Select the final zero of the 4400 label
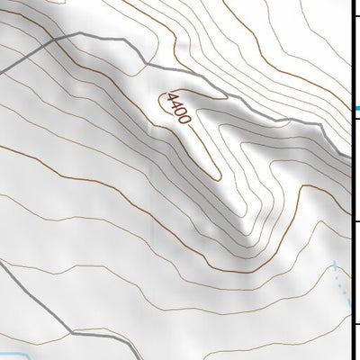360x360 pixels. pyautogui.click(x=185, y=120)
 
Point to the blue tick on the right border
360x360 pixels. pyautogui.click(x=355, y=109)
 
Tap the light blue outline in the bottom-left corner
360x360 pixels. pyautogui.click(x=18, y=353)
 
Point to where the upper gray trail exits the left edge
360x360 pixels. pyautogui.click(x=2, y=72)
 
